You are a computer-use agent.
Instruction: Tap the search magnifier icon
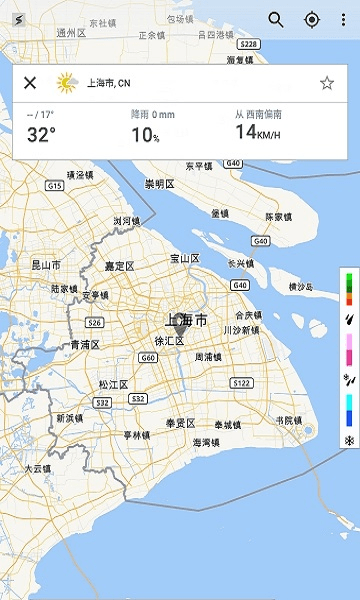pos(276,20)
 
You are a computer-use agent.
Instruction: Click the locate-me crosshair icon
pos(311,20)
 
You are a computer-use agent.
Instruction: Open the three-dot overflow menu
pos(343,20)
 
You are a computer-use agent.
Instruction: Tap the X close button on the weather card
pos(30,83)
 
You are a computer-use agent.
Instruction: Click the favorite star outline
pos(327,83)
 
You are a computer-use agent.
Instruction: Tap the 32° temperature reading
pos(41,135)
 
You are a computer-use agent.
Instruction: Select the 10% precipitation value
pos(145,135)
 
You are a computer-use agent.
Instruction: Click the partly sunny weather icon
pos(67,83)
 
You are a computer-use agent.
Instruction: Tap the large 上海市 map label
pos(186,321)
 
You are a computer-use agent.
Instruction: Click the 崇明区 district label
pos(159,184)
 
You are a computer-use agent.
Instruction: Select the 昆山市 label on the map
pos(46,265)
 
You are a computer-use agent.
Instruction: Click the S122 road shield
pos(241,383)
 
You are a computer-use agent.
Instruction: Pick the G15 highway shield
pos(54,185)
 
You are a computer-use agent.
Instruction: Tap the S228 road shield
pos(250,44)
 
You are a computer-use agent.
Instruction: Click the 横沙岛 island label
pos(300,287)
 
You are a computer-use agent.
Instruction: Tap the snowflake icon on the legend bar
pos(349,440)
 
